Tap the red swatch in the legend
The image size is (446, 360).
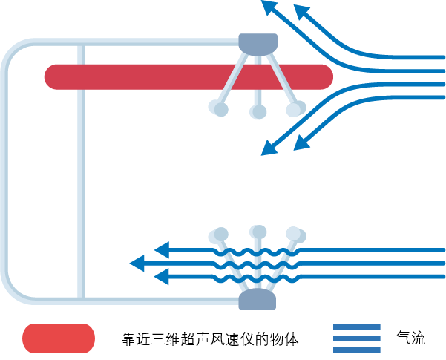pyautogui.click(x=59, y=338)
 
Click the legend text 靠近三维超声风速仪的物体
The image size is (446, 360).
pyautogui.click(x=210, y=339)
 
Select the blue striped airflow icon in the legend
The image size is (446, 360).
pyautogui.click(x=356, y=338)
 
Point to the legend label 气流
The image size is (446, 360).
pyautogui.click(x=412, y=338)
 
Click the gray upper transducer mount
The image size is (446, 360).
pyautogui.click(x=258, y=44)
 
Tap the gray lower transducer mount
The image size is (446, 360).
pyautogui.click(x=257, y=299)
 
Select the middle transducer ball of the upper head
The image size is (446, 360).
pyautogui.click(x=258, y=111)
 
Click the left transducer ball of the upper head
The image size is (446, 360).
pyautogui.click(x=219, y=108)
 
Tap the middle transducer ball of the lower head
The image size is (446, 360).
pyautogui.click(x=258, y=231)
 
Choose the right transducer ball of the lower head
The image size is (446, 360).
pyautogui.click(x=295, y=235)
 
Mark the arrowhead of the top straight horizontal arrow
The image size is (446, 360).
pyautogui.click(x=161, y=249)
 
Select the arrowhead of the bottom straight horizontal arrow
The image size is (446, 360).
pyautogui.click(x=161, y=278)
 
